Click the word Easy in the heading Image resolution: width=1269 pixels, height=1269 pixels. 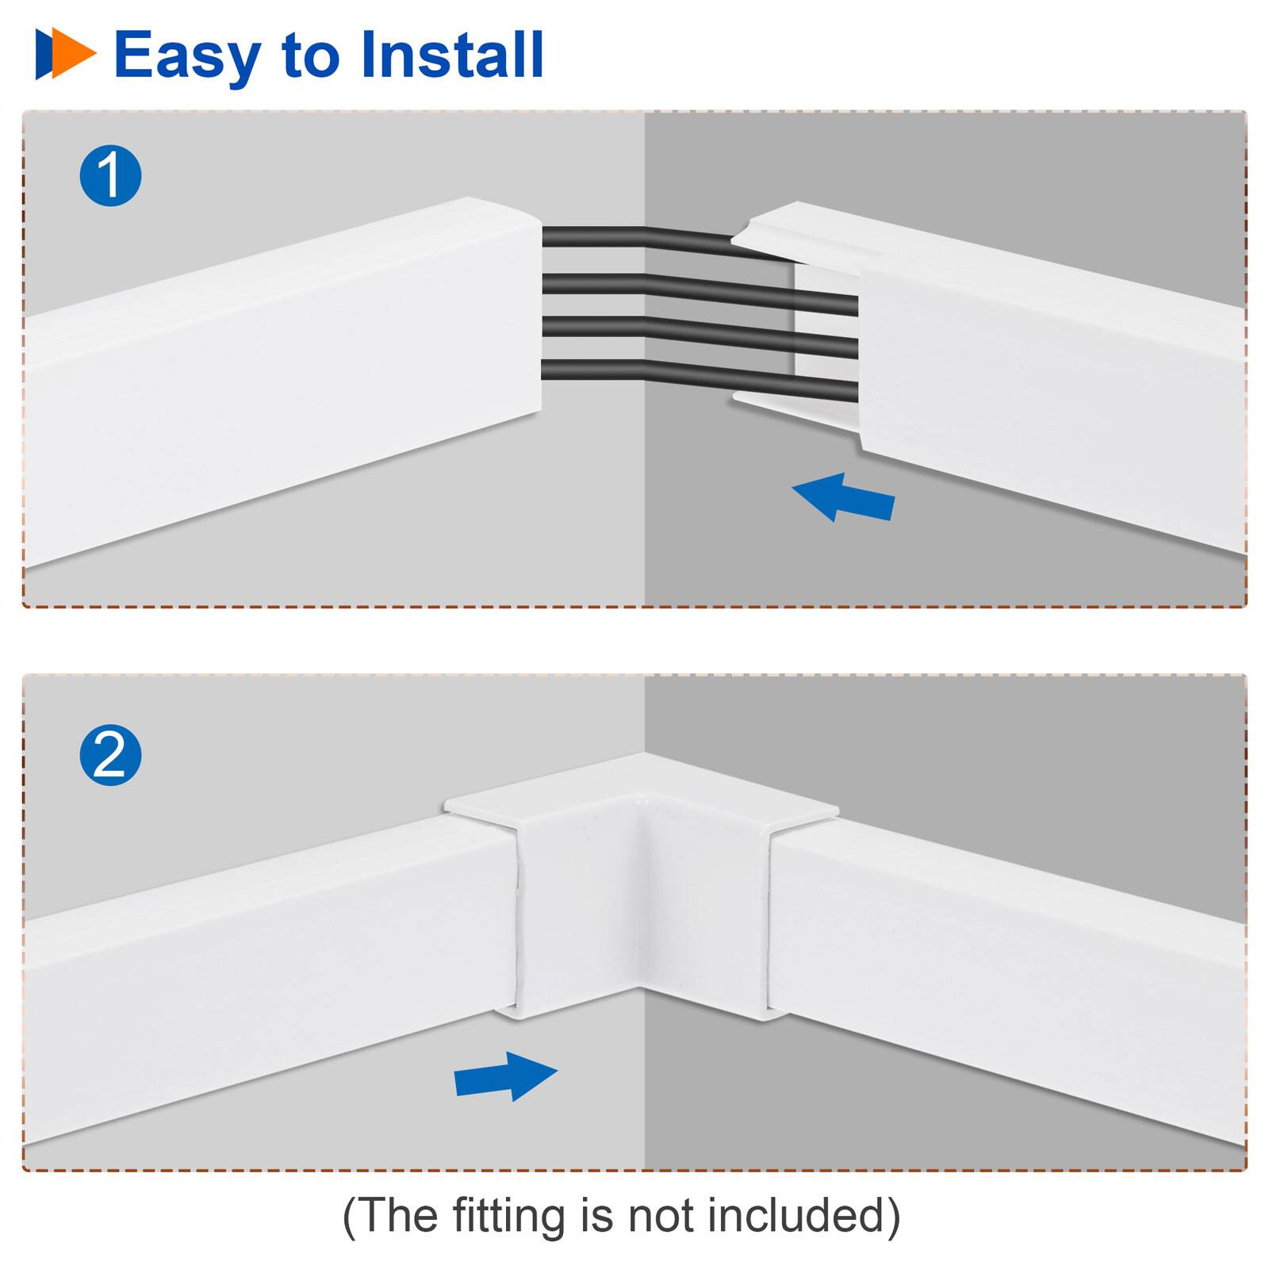[187, 56]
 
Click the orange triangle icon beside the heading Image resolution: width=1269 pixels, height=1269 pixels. [73, 54]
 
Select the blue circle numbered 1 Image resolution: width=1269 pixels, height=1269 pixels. [110, 176]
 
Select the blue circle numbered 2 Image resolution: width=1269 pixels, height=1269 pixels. [110, 755]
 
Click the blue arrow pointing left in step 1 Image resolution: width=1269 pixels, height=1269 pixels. [844, 497]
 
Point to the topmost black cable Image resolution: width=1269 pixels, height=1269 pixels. [634, 236]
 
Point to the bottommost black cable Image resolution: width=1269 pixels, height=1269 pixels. [698, 379]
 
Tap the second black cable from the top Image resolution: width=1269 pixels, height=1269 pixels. [698, 289]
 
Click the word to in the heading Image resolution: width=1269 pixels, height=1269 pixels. [309, 56]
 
